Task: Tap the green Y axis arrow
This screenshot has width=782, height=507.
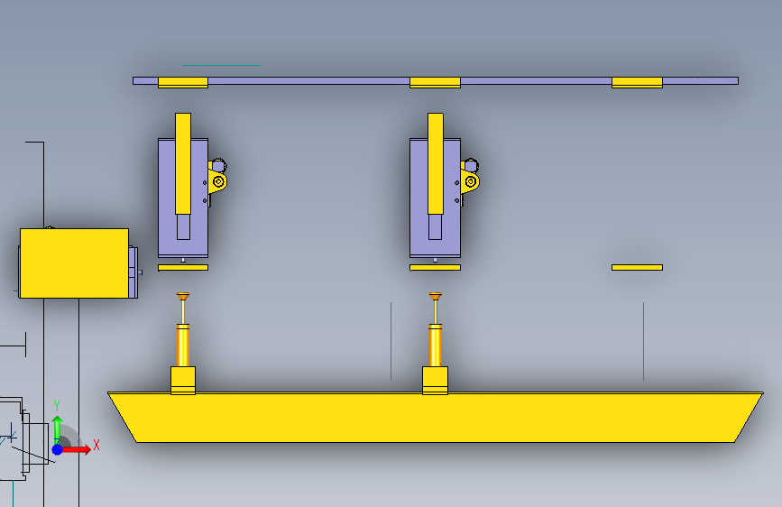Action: point(56,424)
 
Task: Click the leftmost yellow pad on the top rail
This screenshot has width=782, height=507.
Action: point(183,82)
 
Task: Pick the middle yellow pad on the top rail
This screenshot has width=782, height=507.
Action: point(435,82)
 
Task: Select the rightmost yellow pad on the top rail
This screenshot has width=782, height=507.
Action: point(637,82)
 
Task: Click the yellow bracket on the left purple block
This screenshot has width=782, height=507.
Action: point(217,180)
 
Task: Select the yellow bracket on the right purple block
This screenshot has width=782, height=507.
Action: point(470,180)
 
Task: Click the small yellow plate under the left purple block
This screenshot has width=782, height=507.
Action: point(183,267)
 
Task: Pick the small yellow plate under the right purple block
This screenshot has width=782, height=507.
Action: point(435,267)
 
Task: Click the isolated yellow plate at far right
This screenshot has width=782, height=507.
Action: point(637,267)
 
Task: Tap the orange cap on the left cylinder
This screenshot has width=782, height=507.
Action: point(183,296)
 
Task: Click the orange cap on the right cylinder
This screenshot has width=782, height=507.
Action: point(435,296)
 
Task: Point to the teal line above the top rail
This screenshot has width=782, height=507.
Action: point(221,65)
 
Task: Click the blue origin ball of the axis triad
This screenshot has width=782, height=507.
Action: point(57,448)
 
